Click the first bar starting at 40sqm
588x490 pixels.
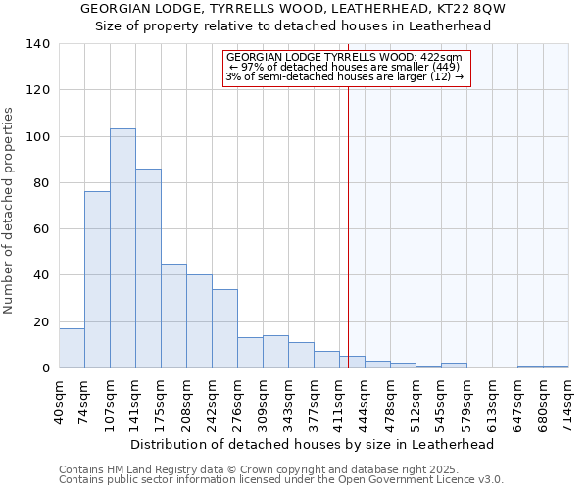coord(72,348)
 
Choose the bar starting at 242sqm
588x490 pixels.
coord(224,328)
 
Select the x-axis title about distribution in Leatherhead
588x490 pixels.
coord(312,444)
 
